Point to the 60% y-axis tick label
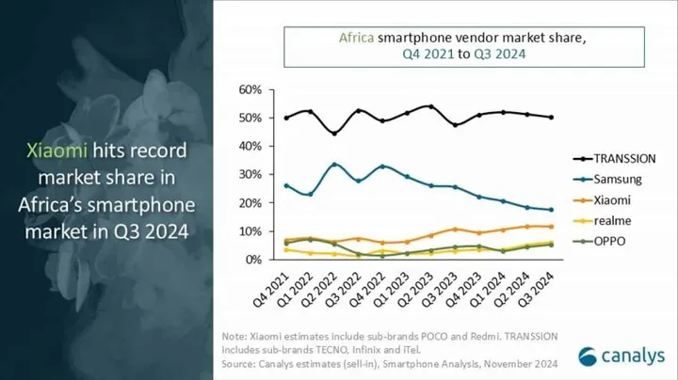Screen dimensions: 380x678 pyautogui.click(x=250, y=89)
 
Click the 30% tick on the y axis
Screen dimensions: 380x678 pyautogui.click(x=250, y=174)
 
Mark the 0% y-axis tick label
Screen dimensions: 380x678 pyautogui.click(x=252, y=259)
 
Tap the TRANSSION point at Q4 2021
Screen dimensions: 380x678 pyautogui.click(x=285, y=118)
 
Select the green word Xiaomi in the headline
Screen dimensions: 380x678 pyautogui.click(x=57, y=150)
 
